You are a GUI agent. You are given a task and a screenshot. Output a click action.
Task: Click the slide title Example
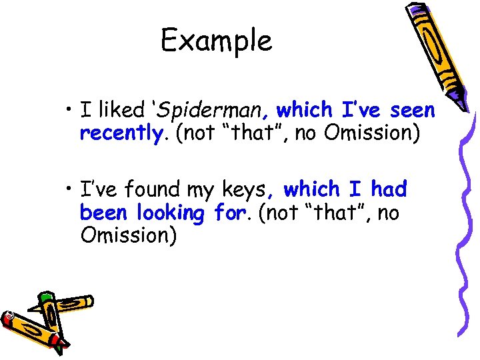(x=217, y=41)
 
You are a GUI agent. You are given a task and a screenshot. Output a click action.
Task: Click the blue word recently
(x=121, y=133)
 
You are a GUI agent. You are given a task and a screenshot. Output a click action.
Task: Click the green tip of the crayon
(x=45, y=297)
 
